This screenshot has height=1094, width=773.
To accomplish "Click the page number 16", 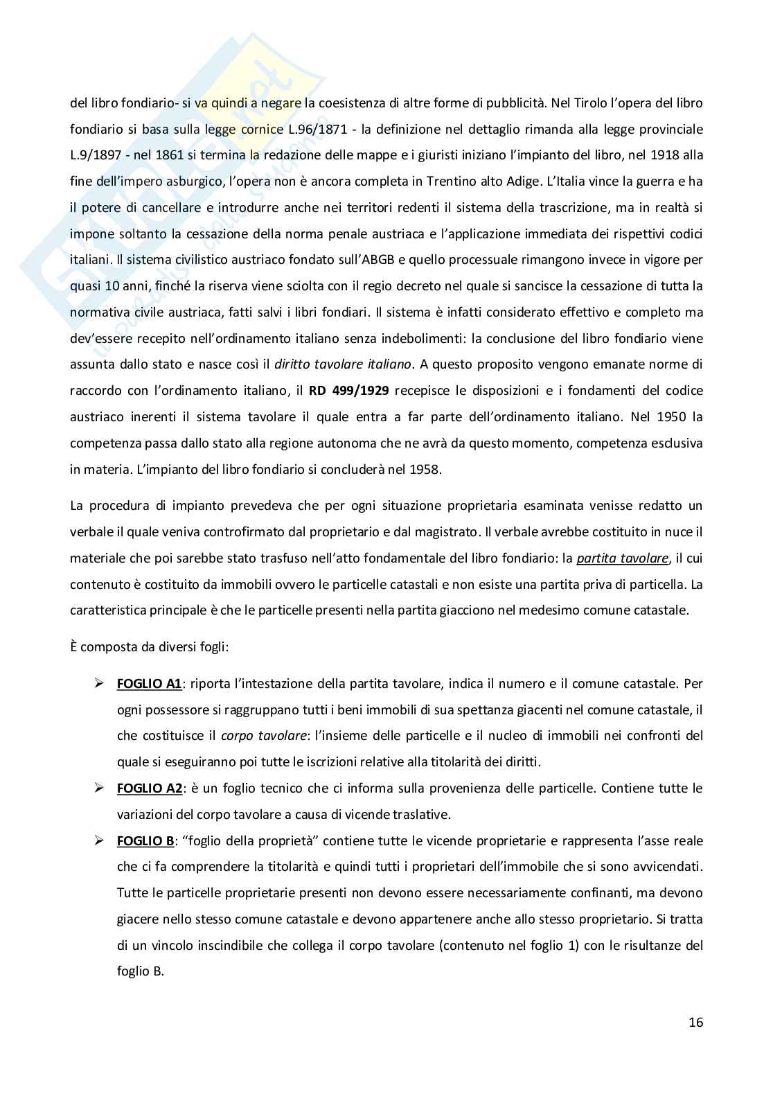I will [695, 1022].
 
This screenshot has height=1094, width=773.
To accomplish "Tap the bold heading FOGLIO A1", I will [149, 684].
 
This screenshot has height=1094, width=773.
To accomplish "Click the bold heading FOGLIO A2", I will [149, 788].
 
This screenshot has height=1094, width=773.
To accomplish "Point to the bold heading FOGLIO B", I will [145, 841].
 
